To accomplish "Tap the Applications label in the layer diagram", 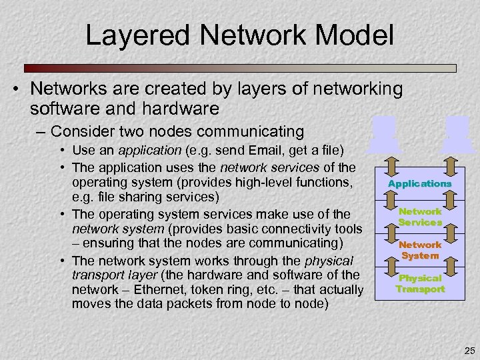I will click(x=419, y=183).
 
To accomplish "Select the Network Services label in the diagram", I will click(x=420, y=217).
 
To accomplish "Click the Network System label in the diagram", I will click(x=420, y=250).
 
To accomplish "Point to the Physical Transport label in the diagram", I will click(x=420, y=283).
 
